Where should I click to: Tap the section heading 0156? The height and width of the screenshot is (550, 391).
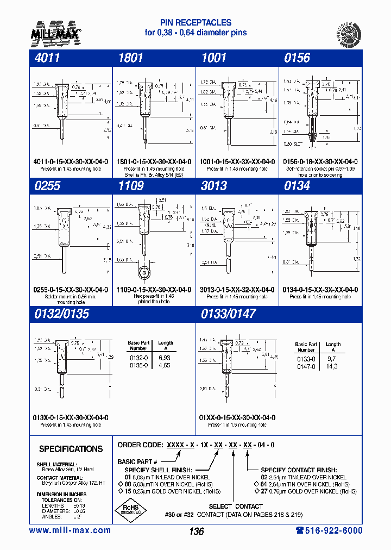point(297,58)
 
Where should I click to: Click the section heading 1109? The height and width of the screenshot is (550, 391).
point(131,186)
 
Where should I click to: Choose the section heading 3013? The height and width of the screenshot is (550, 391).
point(213,186)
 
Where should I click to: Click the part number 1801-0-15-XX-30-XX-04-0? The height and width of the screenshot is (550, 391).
point(154,161)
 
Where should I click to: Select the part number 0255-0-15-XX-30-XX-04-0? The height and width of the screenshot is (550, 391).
point(71,290)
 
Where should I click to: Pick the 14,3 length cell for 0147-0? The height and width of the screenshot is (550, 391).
point(331,367)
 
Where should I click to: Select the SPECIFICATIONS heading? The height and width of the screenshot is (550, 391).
point(71,449)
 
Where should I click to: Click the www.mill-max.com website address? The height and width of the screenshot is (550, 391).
point(70,530)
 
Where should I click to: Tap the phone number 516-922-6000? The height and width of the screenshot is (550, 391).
point(329,530)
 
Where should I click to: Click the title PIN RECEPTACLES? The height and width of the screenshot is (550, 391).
point(195,23)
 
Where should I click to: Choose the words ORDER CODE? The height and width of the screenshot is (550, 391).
point(140,445)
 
